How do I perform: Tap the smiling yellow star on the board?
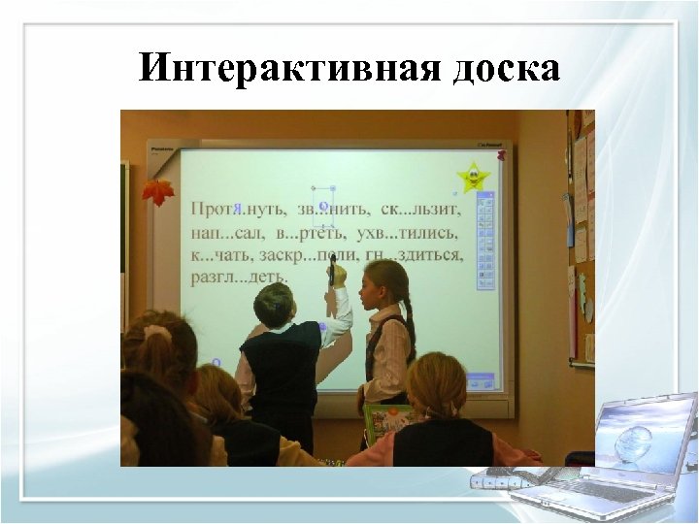click(x=473, y=178)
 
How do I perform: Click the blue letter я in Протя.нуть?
click(x=237, y=209)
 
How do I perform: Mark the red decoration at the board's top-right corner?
click(x=501, y=153)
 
